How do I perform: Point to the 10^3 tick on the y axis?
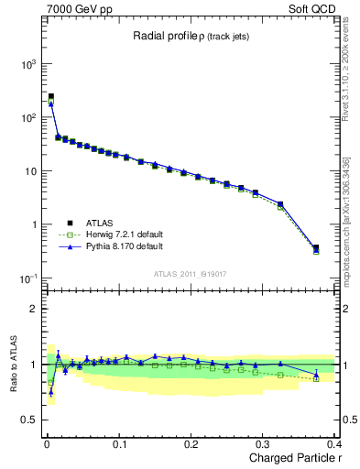pyautogui.click(x=29, y=64)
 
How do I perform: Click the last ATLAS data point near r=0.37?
pyautogui.click(x=316, y=247)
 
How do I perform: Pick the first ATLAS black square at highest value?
pyautogui.click(x=50, y=96)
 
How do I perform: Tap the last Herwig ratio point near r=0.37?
pyautogui.click(x=316, y=378)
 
